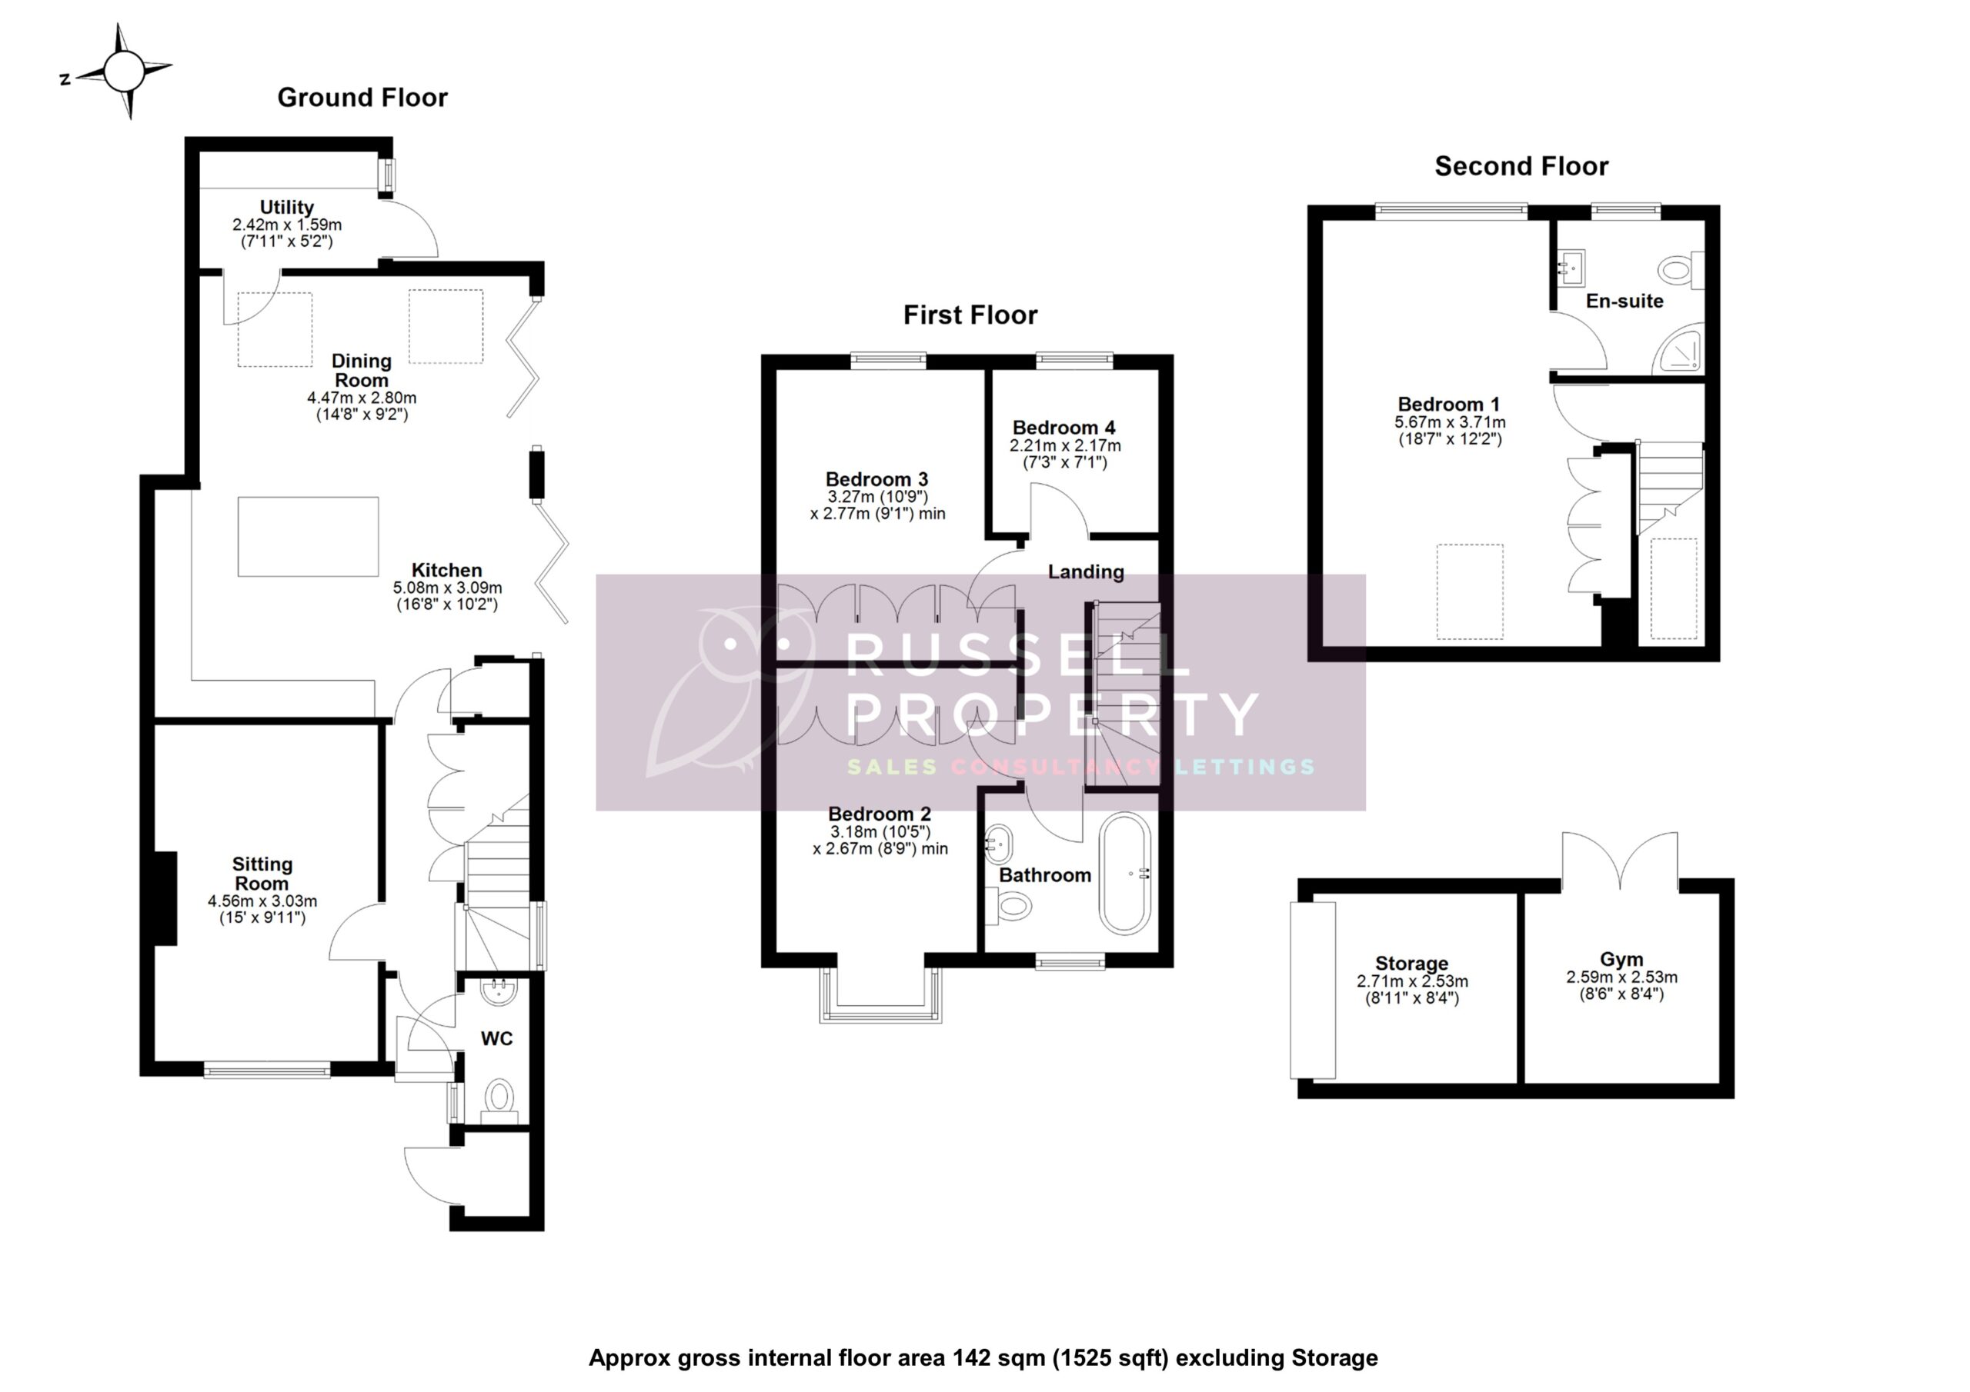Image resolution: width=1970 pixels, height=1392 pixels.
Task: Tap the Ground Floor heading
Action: point(362,98)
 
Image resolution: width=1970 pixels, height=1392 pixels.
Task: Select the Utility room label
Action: point(286,207)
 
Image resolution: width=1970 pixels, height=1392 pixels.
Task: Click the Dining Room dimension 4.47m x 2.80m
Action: point(361,398)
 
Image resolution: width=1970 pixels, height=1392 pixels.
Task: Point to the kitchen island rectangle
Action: point(308,537)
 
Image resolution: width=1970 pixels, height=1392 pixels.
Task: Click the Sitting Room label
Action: point(262,873)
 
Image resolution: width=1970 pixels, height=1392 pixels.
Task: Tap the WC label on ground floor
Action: point(496,1039)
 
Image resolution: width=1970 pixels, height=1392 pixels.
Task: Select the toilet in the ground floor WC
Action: point(499,1097)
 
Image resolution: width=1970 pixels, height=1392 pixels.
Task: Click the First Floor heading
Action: point(970,315)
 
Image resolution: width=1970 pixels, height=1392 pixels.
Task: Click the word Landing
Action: point(1085,572)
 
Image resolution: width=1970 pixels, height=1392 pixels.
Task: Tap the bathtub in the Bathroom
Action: point(1125,873)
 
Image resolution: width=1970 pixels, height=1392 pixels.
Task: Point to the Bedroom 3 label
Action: point(876,479)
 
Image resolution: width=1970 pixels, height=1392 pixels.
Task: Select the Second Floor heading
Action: point(1521,166)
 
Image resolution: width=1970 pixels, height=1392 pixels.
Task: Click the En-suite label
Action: point(1624,301)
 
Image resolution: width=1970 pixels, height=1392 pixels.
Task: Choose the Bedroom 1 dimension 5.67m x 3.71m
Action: point(1449,423)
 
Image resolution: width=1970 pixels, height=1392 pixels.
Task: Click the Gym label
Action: point(1621,960)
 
